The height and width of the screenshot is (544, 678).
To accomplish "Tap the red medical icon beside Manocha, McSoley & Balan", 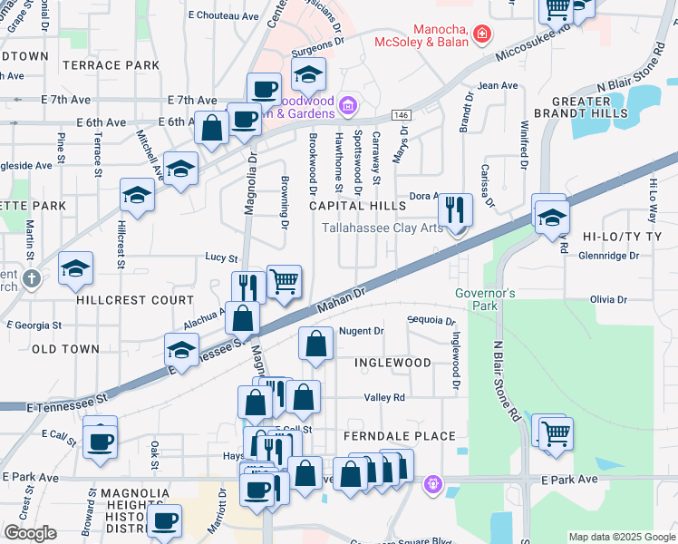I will click(x=482, y=35).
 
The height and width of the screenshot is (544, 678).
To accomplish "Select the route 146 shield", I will click(x=401, y=115).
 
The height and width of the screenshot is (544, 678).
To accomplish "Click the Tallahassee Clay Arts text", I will click(x=383, y=228).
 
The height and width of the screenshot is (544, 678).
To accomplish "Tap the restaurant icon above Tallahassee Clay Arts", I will click(x=455, y=209).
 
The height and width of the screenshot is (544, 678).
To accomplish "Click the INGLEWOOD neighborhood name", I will click(x=392, y=363).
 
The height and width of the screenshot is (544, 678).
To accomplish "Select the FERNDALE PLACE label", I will click(x=399, y=436).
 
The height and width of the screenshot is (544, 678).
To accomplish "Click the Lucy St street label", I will click(x=221, y=258).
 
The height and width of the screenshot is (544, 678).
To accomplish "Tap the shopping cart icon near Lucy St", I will click(x=285, y=281).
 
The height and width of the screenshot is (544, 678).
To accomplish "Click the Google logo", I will click(x=30, y=533).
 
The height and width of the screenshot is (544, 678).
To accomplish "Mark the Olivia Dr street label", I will click(x=608, y=299).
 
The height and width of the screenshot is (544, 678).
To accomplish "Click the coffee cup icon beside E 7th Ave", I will click(x=265, y=89).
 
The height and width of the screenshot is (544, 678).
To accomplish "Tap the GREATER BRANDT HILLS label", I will click(x=589, y=107).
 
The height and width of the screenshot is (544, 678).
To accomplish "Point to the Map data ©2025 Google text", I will click(x=621, y=537).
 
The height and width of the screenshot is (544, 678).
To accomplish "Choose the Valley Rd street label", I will click(x=384, y=397).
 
